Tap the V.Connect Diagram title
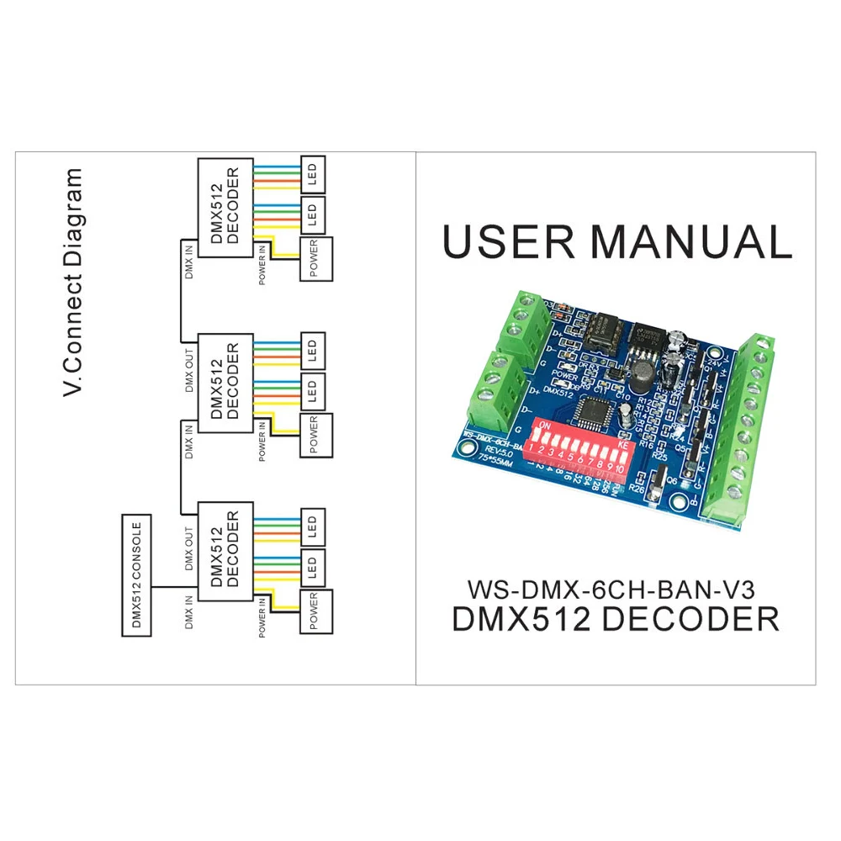[74, 281]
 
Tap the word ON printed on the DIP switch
[544, 426]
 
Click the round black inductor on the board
[643, 377]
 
